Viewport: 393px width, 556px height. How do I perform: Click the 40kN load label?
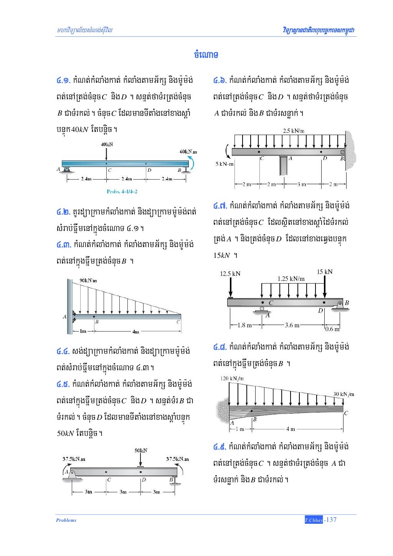pyautogui.click(x=107, y=144)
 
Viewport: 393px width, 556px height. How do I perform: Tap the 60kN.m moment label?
pyautogui.click(x=188, y=152)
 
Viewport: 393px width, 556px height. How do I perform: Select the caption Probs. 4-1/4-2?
pyautogui.click(x=122, y=191)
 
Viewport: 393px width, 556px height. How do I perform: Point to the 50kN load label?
pyautogui.click(x=141, y=450)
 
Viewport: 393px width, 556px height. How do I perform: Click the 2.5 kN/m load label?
pyautogui.click(x=294, y=131)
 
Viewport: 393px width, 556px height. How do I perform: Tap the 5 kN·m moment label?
pyautogui.click(x=225, y=164)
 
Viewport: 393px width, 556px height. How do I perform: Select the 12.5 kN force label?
pyautogui.click(x=230, y=274)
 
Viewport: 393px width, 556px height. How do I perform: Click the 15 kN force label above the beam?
pyautogui.click(x=324, y=272)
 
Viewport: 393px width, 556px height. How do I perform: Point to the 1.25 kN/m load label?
pyautogui.click(x=291, y=279)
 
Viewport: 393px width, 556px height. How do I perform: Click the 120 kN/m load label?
pyautogui.click(x=232, y=378)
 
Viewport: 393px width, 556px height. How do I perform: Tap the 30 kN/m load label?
pyautogui.click(x=343, y=394)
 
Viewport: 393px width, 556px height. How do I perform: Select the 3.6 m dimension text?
pyautogui.click(x=292, y=325)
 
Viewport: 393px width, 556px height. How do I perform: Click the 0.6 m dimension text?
pyautogui.click(x=332, y=329)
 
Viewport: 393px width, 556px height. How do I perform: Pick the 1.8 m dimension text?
pyautogui.click(x=244, y=325)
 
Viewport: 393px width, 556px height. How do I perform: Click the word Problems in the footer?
pyautogui.click(x=66, y=520)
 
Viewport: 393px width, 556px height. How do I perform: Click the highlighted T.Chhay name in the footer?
pyautogui.click(x=314, y=520)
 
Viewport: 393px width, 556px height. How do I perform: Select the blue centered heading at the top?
pyautogui.click(x=206, y=54)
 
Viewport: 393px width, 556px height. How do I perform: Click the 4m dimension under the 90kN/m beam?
pyautogui.click(x=135, y=332)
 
